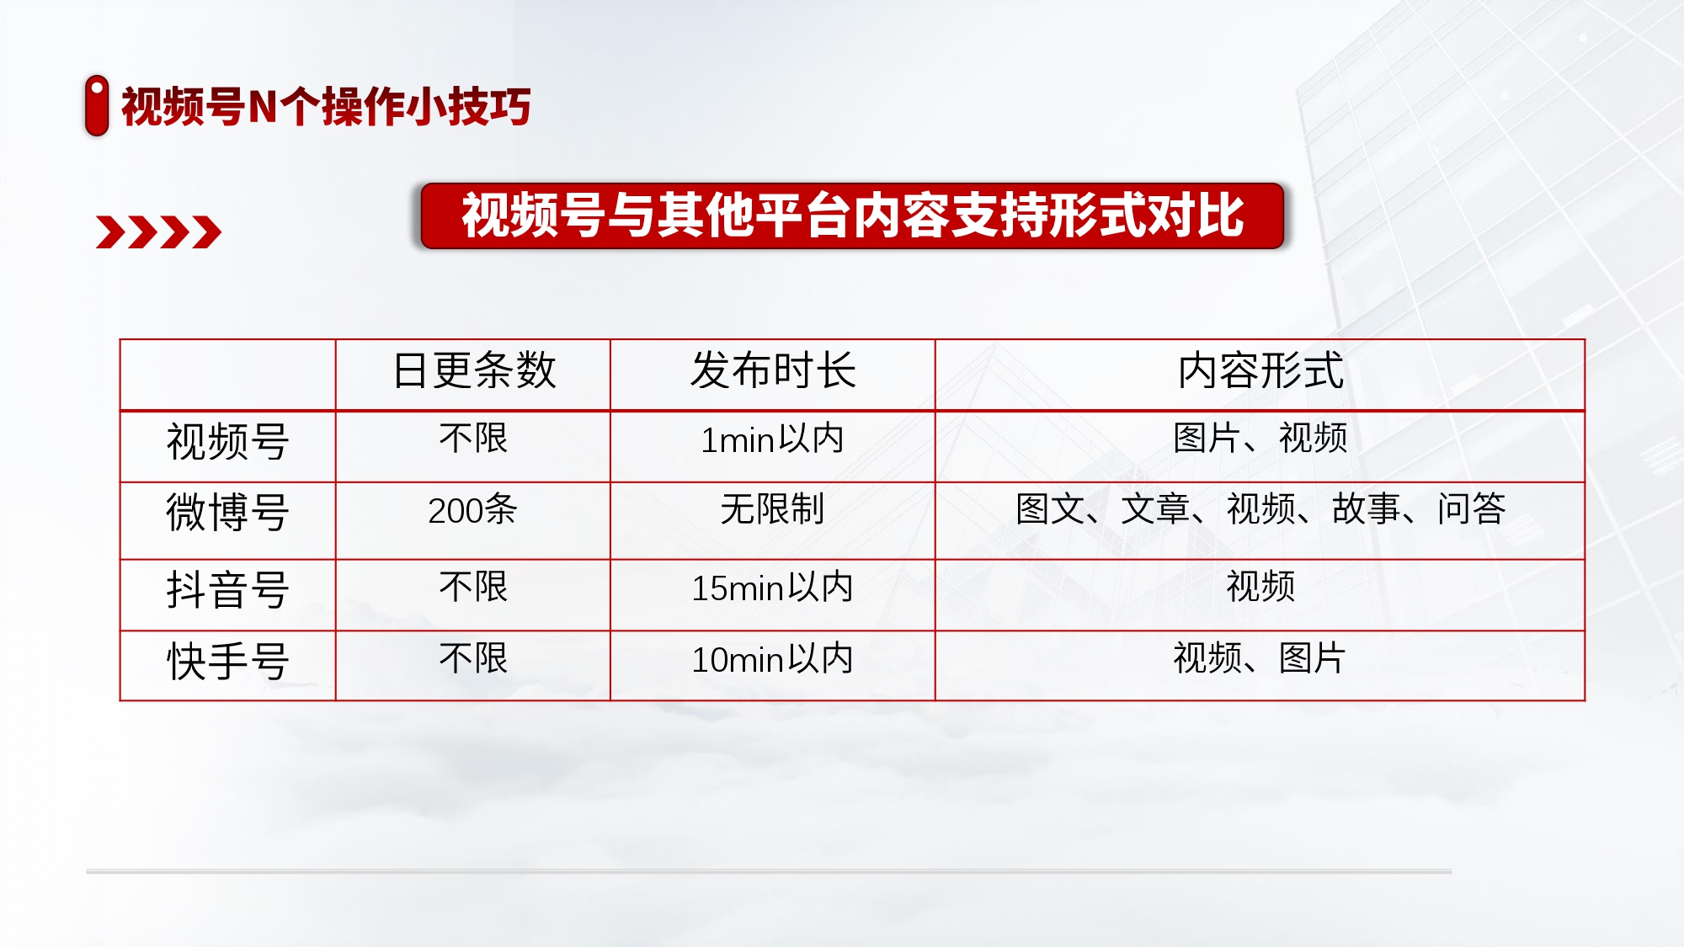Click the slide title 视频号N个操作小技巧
pyautogui.click(x=326, y=107)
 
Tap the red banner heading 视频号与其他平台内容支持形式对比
pyautogui.click(x=852, y=215)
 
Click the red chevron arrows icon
pyautogui.click(x=158, y=232)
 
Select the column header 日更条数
pyautogui.click(x=474, y=370)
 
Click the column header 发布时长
pyautogui.click(x=773, y=370)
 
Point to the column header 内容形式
pyautogui.click(x=1260, y=370)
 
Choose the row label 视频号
pyautogui.click(x=228, y=441)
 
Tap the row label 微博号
pyautogui.click(x=228, y=512)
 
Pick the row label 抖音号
pyautogui.click(x=228, y=589)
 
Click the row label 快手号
pyautogui.click(x=228, y=661)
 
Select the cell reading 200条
pyautogui.click(x=472, y=509)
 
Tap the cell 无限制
pyautogui.click(x=772, y=509)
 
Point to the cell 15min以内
pyautogui.click(x=772, y=588)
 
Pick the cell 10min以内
pyautogui.click(x=772, y=659)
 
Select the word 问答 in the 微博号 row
pyautogui.click(x=1472, y=508)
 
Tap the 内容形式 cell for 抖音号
pyautogui.click(x=1260, y=587)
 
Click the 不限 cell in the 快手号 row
pyautogui.click(x=473, y=658)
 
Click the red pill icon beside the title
pyautogui.click(x=97, y=105)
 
